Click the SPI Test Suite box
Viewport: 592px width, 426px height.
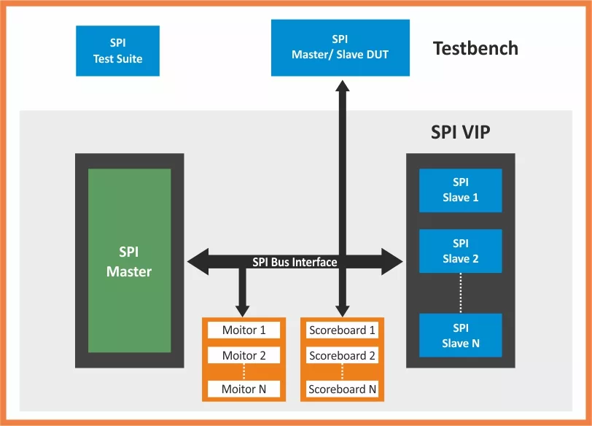pyautogui.click(x=117, y=51)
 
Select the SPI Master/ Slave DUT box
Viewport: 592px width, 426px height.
pyautogui.click(x=340, y=47)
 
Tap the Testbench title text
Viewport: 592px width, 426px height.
pyautogui.click(x=475, y=49)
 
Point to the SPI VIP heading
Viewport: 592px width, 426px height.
pyautogui.click(x=460, y=132)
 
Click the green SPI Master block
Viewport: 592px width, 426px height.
pyautogui.click(x=129, y=261)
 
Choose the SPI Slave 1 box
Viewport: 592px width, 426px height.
pyautogui.click(x=460, y=190)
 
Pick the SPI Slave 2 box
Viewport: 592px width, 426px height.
pyautogui.click(x=460, y=251)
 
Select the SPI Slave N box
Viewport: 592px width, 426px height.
pyautogui.click(x=460, y=336)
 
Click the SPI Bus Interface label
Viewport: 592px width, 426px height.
pyautogui.click(x=295, y=262)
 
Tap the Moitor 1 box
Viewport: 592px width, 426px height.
pyautogui.click(x=244, y=330)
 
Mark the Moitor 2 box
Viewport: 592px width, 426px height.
pyautogui.click(x=244, y=356)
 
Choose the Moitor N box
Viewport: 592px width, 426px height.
pyautogui.click(x=244, y=389)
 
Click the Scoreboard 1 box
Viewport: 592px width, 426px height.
pyautogui.click(x=342, y=330)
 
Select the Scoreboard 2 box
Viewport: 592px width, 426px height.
pyautogui.click(x=342, y=356)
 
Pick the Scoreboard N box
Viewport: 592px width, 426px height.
pyautogui.click(x=342, y=389)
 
